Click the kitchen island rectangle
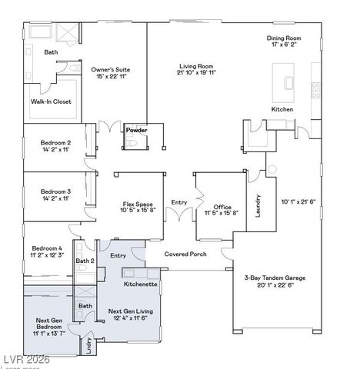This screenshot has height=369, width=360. tap(290, 83)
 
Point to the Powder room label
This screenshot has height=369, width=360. tap(136, 130)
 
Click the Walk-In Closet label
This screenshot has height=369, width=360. tap(51, 101)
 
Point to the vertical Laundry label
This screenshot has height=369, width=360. tap(258, 204)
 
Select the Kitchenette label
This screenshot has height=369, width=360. tap(141, 284)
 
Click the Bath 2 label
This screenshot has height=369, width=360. tap(85, 261)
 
